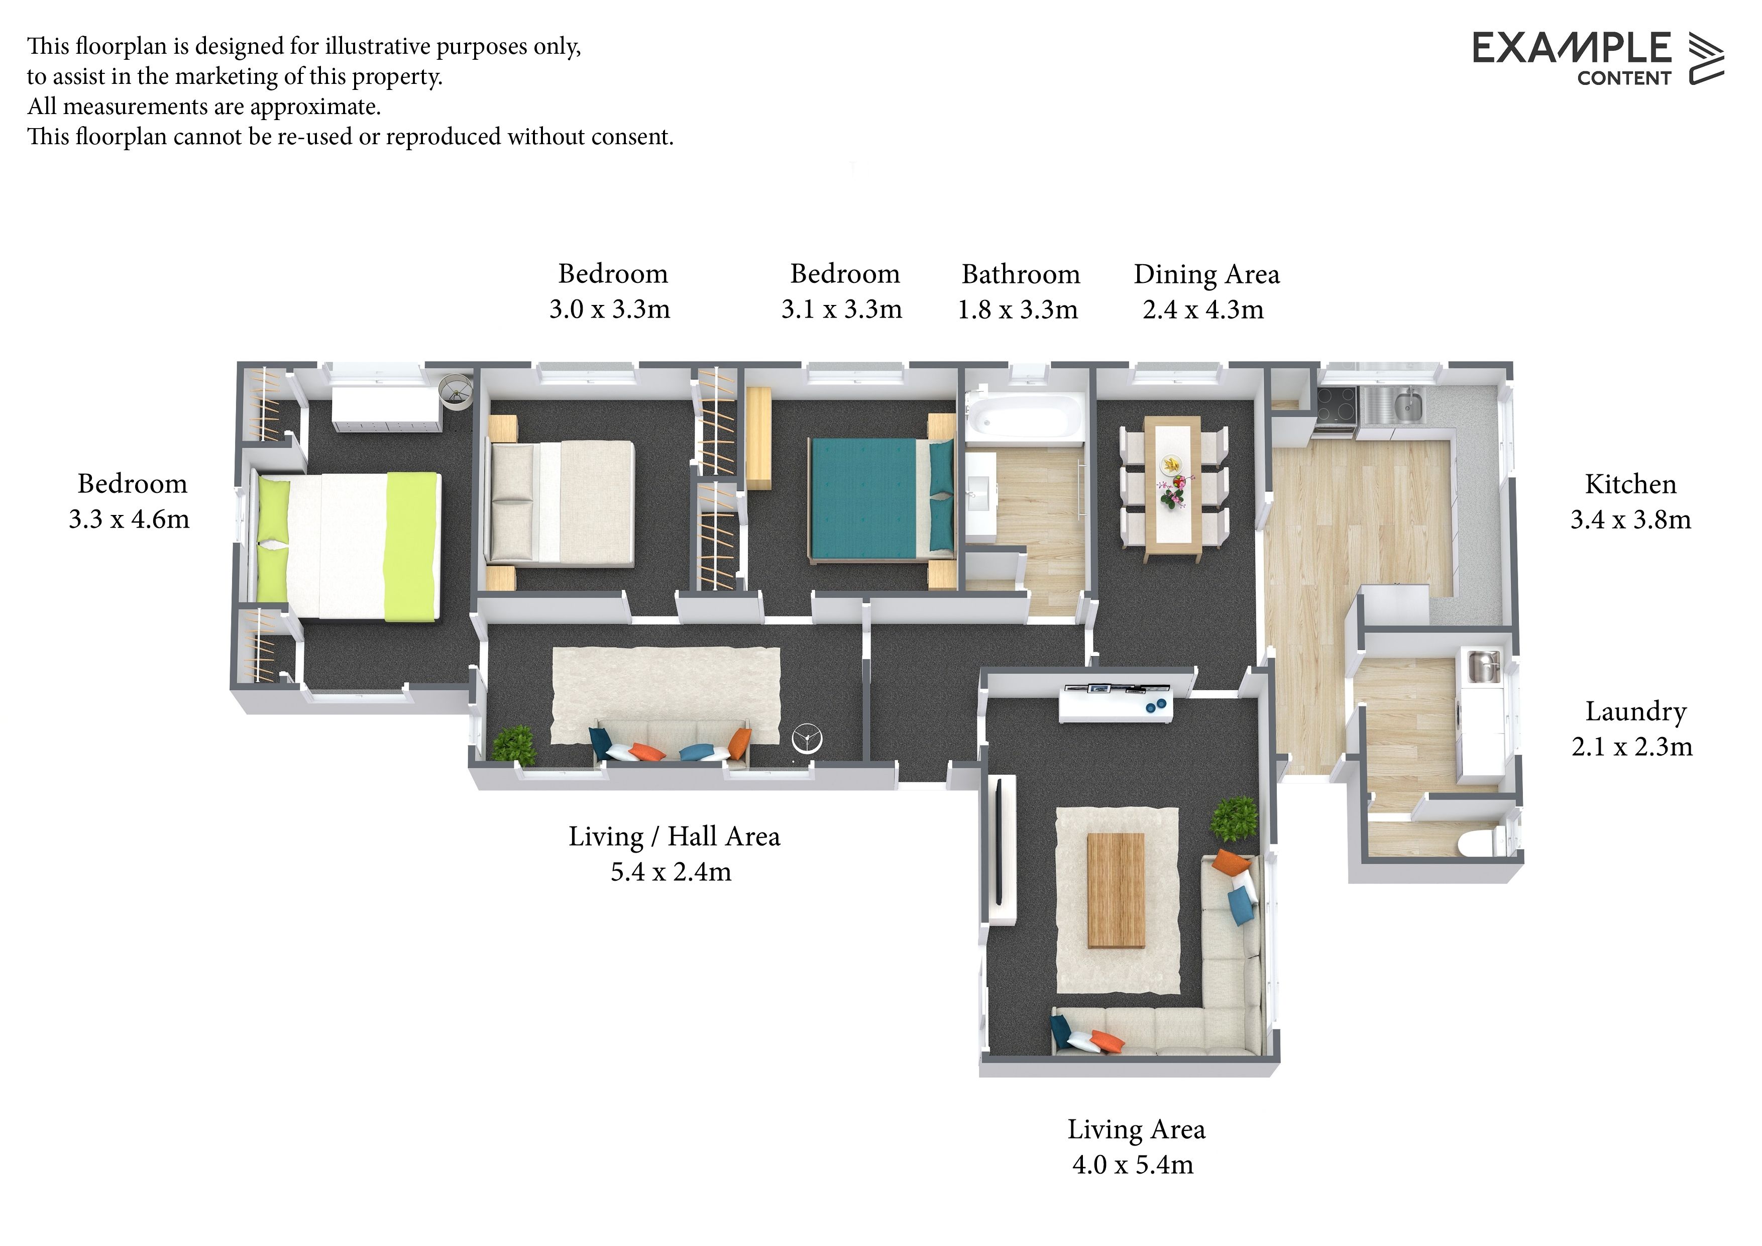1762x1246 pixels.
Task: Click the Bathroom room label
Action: [1021, 274]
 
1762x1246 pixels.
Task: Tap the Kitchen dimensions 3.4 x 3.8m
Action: [1631, 520]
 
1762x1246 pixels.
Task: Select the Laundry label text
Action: [1635, 711]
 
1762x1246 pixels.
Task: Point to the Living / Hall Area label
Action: [674, 837]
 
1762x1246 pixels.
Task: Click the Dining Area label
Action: [1206, 274]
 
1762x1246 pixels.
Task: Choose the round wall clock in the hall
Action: [807, 739]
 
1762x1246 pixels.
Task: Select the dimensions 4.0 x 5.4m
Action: [1133, 1166]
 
